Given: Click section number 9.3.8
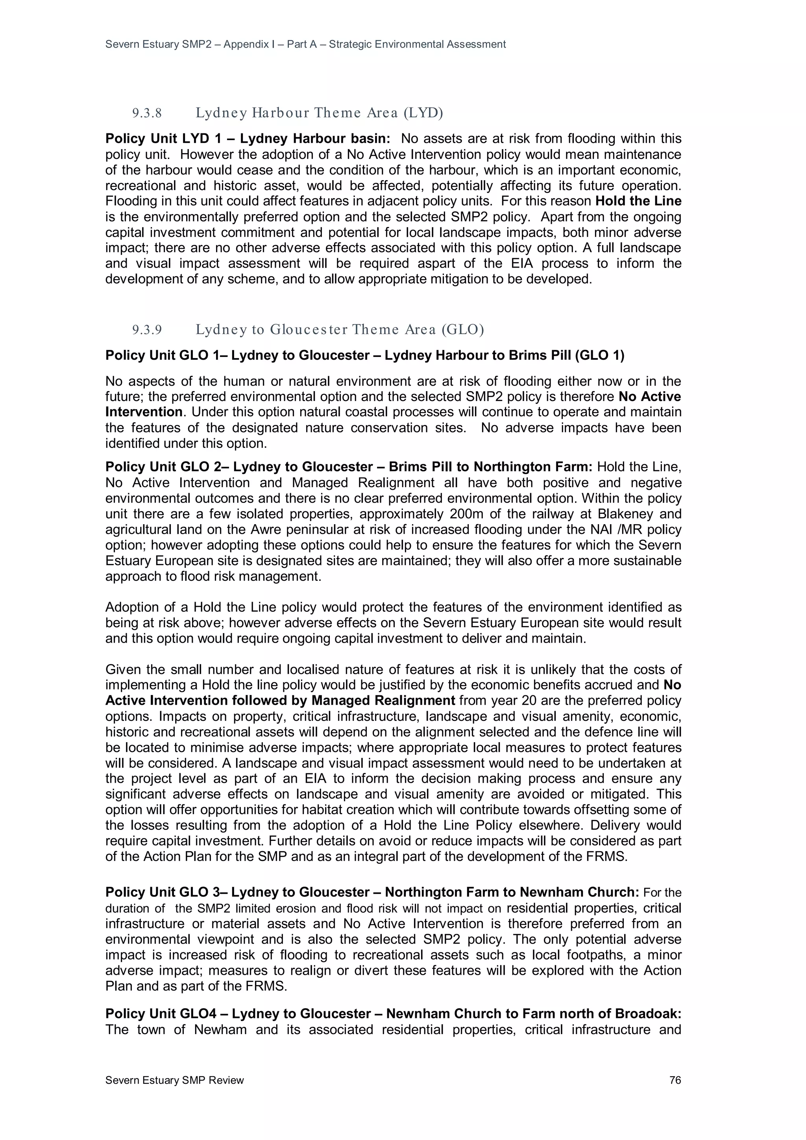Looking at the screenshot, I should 147,113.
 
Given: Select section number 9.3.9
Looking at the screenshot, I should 147,330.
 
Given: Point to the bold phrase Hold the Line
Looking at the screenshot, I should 638,201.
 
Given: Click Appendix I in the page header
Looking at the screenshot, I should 248,44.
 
